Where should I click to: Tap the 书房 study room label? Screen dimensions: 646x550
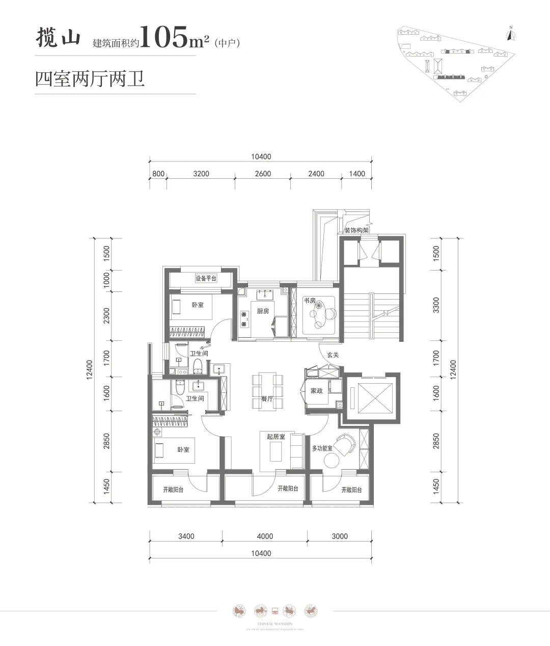(309, 301)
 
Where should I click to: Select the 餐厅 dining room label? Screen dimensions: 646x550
(267, 399)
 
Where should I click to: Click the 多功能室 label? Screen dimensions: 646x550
(322, 448)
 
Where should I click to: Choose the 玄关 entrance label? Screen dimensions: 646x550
(333, 355)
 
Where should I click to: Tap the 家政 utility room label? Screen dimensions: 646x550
(317, 391)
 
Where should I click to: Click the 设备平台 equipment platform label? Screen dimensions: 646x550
(206, 279)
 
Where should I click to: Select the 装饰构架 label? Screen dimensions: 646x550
(356, 230)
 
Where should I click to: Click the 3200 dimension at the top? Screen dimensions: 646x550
(201, 174)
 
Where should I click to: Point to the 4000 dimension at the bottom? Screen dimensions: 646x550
(265, 536)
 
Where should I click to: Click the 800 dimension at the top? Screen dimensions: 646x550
(158, 174)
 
